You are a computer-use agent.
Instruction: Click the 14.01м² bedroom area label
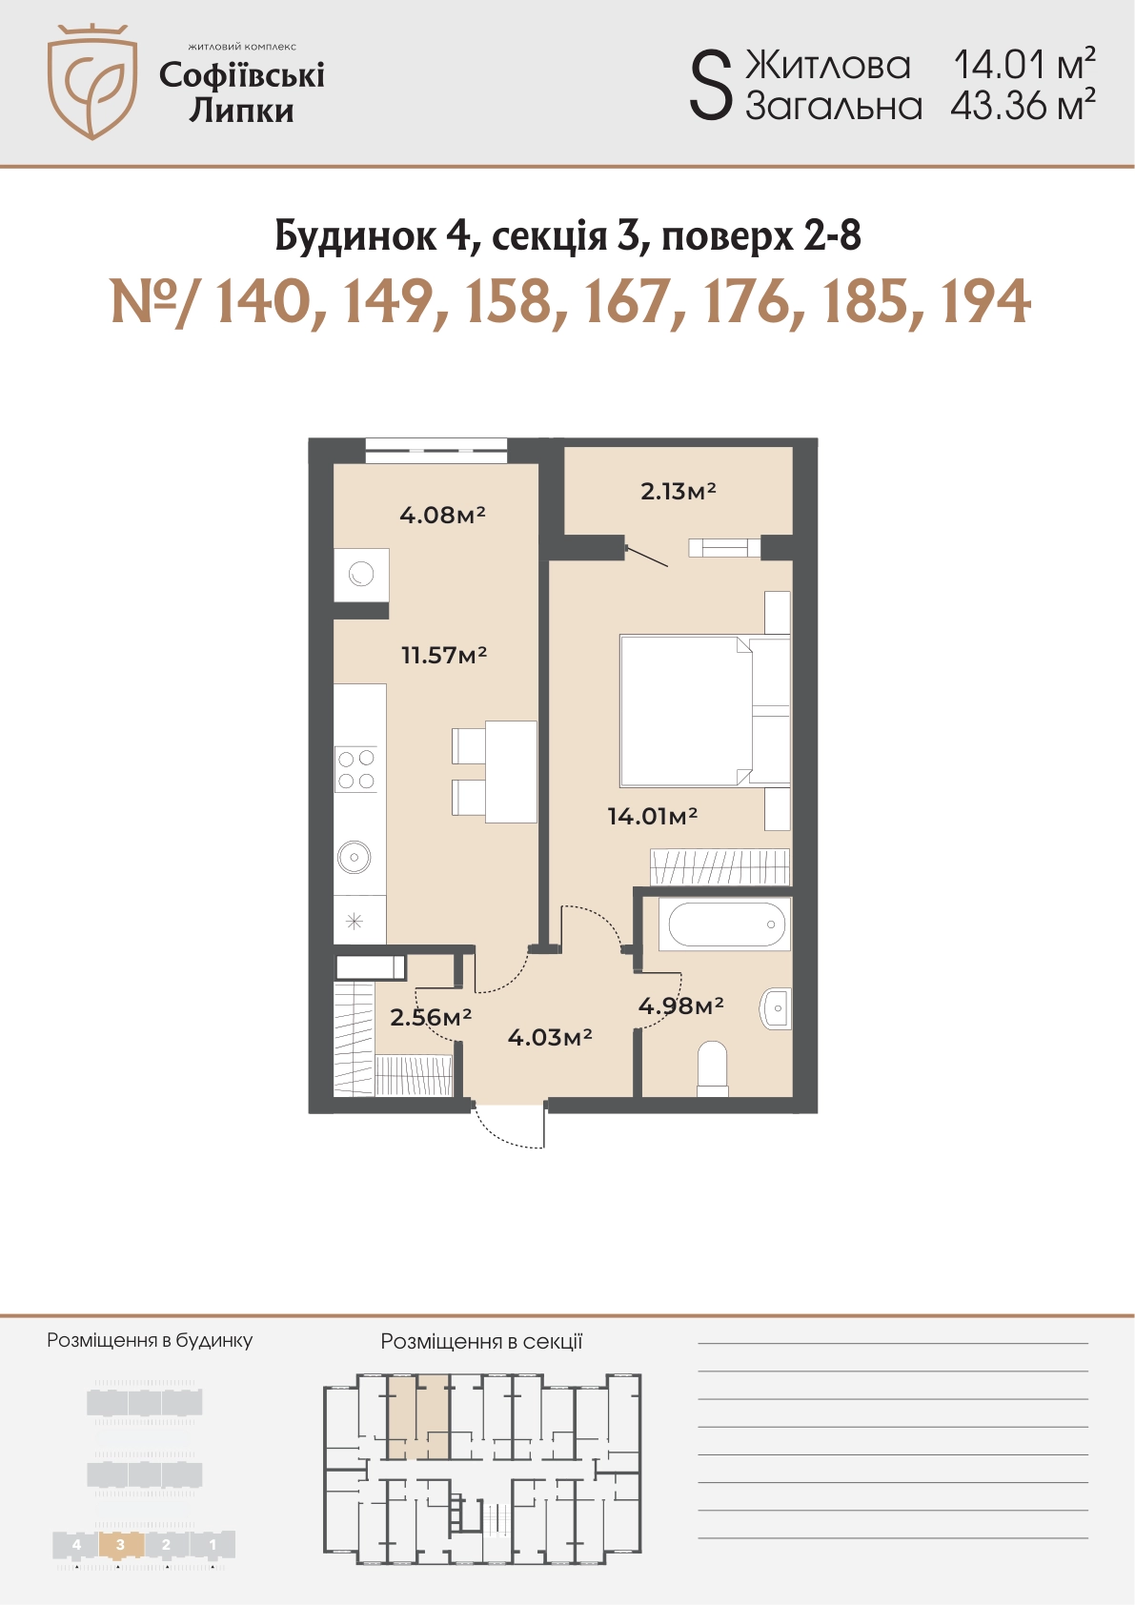pos(652,816)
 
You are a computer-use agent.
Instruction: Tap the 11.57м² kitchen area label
pos(444,654)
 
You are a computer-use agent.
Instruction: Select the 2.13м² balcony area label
pos(678,491)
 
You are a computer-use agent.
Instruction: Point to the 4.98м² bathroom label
pos(680,1006)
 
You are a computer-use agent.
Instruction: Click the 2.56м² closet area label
pos(431,1017)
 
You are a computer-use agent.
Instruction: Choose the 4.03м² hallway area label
pos(550,1037)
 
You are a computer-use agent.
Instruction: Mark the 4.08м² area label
pos(443,515)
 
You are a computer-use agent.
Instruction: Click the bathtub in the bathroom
pos(726,924)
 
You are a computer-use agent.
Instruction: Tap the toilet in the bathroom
pos(712,1068)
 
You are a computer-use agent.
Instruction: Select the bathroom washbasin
pos(777,1009)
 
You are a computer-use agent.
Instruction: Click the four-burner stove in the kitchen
pos(356,769)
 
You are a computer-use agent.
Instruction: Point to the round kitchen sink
pos(354,856)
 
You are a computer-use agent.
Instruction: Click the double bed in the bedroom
pos(705,710)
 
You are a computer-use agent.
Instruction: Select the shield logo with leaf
pos(92,81)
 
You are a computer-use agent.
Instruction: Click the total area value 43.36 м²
pos(1023,106)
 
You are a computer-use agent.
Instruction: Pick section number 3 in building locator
pos(120,1545)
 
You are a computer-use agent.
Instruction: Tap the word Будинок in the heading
pos(355,235)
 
